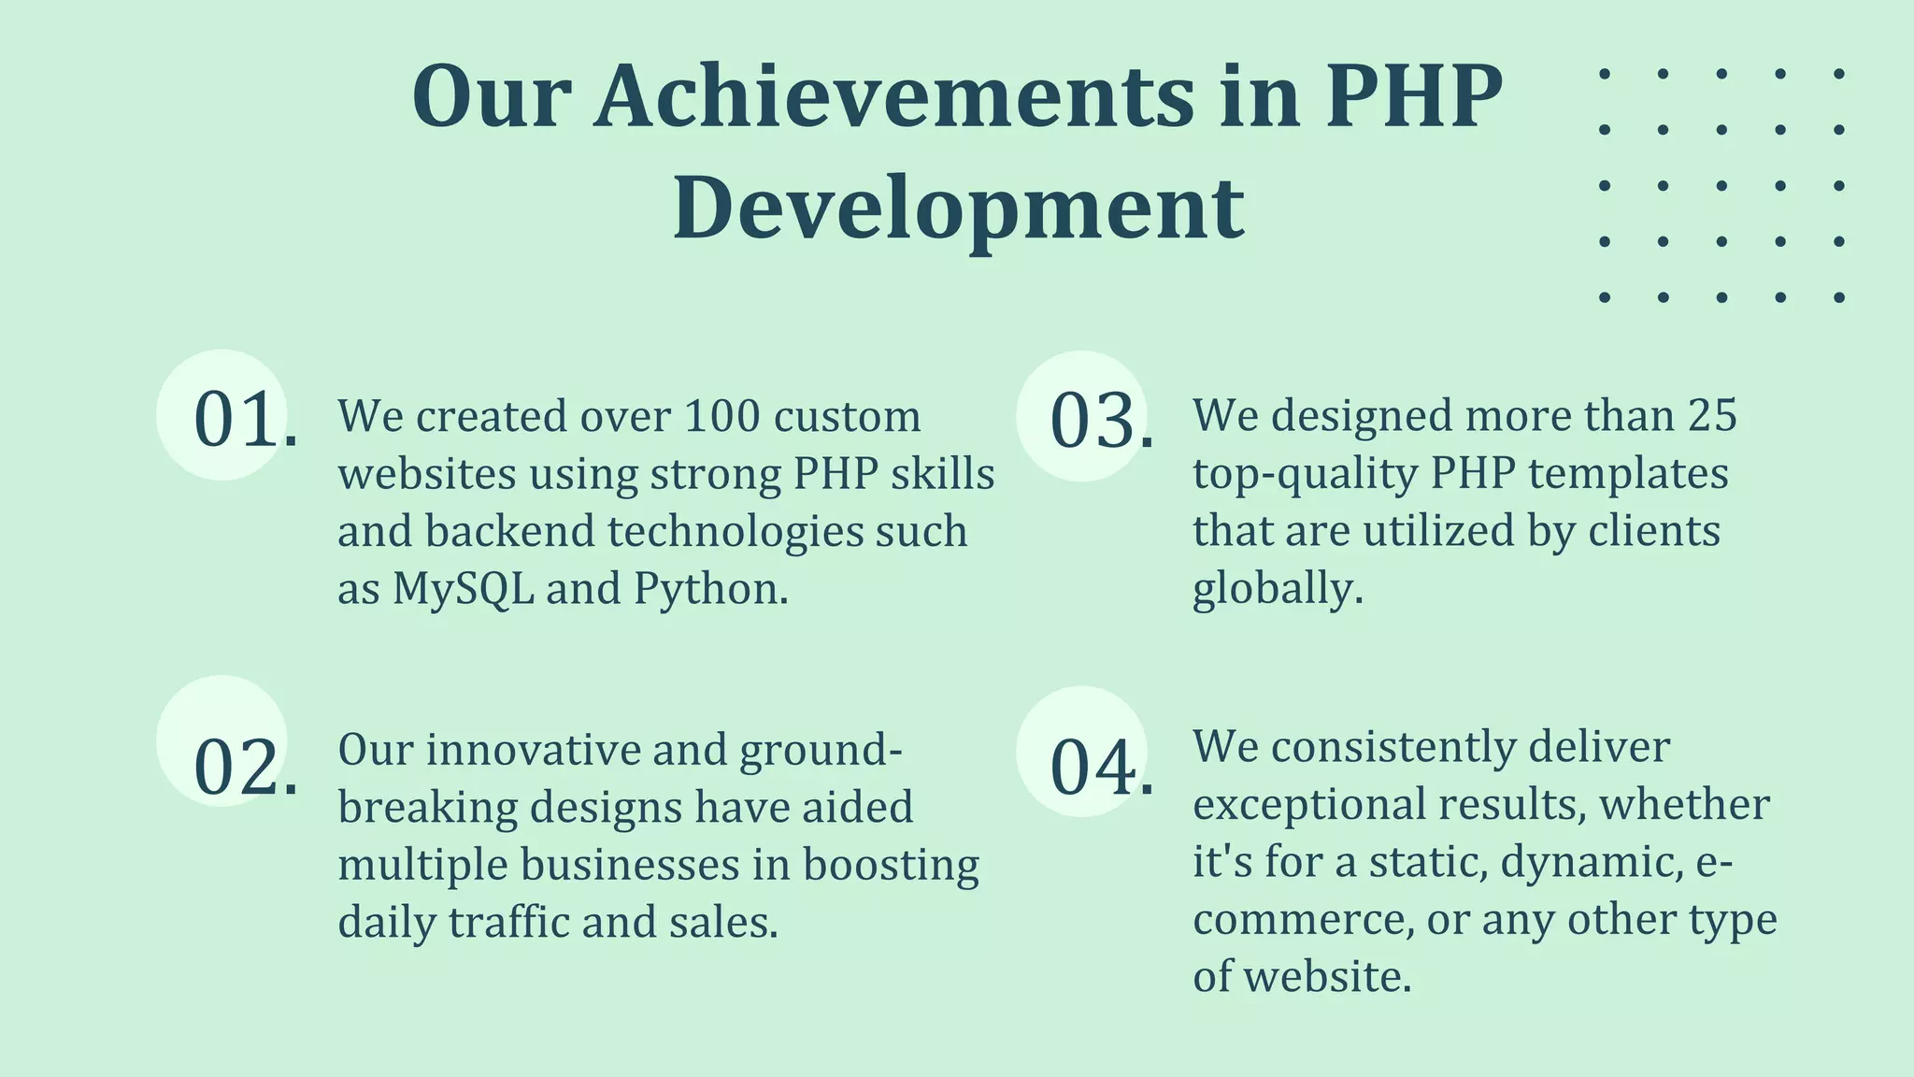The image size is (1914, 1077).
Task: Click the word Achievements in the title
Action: pos(894,97)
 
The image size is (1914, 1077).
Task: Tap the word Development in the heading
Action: pos(958,208)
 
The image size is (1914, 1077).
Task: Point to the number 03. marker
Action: pos(1101,420)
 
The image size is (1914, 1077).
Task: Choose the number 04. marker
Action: pos(1101,768)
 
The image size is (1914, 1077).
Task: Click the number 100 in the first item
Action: pos(720,416)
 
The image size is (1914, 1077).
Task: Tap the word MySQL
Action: pos(463,589)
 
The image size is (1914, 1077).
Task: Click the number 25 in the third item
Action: pos(1712,415)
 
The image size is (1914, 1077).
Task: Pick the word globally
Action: pos(1277,589)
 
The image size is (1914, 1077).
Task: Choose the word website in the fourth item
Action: pos(1326,977)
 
